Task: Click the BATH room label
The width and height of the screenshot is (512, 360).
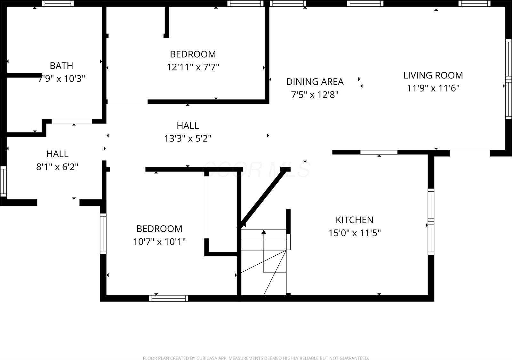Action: click(61, 66)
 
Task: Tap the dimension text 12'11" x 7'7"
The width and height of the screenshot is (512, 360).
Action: click(193, 67)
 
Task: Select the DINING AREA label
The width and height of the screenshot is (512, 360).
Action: click(315, 82)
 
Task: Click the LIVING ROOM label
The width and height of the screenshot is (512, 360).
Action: click(433, 75)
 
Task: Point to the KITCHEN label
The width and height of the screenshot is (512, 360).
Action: click(354, 220)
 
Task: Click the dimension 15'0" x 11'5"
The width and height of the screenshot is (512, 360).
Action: click(354, 233)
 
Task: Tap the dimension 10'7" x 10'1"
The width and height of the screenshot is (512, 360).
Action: click(159, 242)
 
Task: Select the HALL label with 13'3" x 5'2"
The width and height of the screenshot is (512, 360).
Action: click(188, 125)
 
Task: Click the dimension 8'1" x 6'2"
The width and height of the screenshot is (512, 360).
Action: click(57, 167)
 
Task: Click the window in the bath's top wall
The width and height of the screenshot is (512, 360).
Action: click(58, 4)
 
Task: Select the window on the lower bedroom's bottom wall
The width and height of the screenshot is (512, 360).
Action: click(168, 298)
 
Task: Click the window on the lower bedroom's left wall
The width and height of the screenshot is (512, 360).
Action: click(103, 234)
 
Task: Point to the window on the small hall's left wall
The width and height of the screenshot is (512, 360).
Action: click(3, 181)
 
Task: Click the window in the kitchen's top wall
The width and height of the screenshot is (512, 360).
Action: click(379, 152)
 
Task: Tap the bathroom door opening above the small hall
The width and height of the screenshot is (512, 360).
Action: click(72, 121)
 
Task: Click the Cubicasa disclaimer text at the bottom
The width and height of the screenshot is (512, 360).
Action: click(256, 358)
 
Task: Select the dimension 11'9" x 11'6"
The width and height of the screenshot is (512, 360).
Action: click(433, 88)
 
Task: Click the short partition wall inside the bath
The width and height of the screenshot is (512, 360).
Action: click(24, 76)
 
